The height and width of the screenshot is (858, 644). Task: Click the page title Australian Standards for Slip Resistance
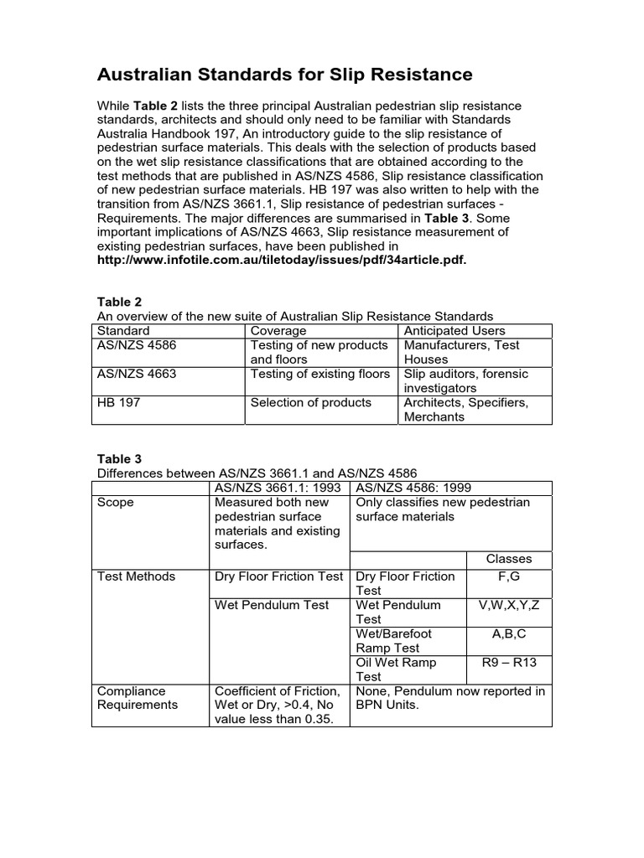pos(285,75)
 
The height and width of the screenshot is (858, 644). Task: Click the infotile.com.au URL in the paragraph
pos(281,260)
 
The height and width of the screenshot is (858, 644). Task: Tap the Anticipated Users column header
pos(454,330)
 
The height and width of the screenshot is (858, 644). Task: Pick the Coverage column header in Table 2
pos(278,330)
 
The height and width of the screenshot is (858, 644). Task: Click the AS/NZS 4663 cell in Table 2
pos(138,374)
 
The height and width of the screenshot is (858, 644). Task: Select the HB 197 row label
pos(120,402)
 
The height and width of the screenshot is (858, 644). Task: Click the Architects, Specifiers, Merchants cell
pos(465,409)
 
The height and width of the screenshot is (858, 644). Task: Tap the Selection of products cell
pos(310,402)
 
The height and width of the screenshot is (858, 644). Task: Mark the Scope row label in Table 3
pos(116,503)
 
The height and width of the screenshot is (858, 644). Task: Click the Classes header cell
pos(508,559)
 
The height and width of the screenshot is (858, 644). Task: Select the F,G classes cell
pos(508,576)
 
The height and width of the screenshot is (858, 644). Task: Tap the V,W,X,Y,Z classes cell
pos(508,605)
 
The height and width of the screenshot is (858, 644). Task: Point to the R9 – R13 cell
pos(508,662)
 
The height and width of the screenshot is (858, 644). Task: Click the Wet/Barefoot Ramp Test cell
pos(387,641)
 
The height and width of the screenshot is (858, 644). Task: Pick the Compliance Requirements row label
pos(138,698)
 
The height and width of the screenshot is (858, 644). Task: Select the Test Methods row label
pos(137,576)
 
